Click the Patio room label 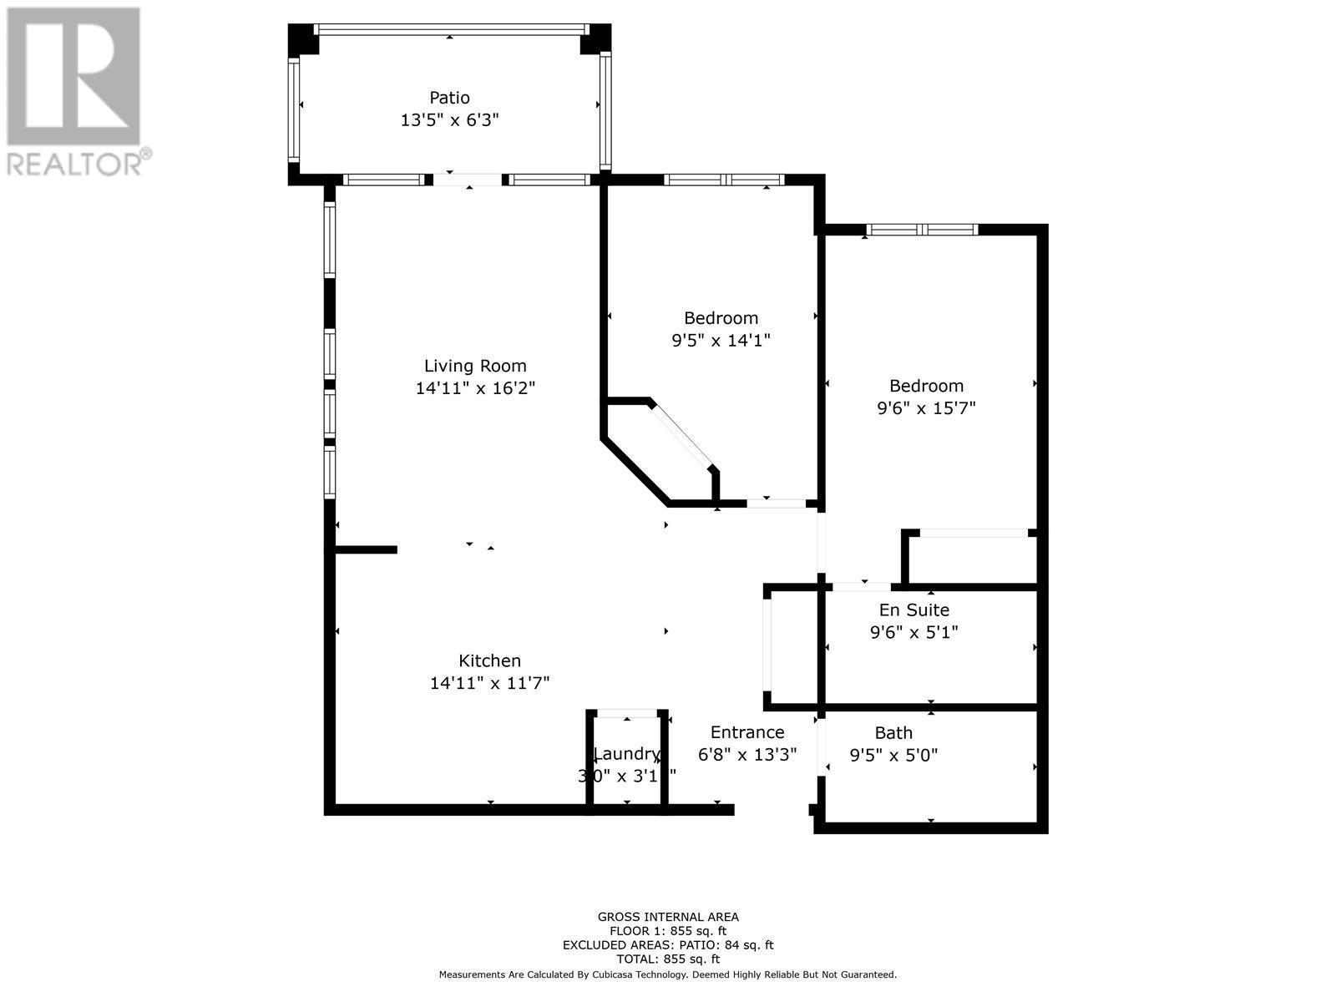(449, 98)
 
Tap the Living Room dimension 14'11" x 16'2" (475, 388)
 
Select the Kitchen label (489, 660)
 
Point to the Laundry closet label (627, 754)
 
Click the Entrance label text (746, 732)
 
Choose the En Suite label (913, 610)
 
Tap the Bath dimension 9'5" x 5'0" (893, 756)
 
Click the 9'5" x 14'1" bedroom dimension (721, 341)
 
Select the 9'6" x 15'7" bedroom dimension (926, 408)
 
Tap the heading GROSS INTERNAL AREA (667, 917)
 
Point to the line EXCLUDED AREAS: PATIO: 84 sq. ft (667, 945)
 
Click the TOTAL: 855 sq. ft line (667, 959)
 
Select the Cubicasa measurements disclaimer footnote (667, 974)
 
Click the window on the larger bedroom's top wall (921, 230)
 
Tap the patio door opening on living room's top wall (468, 180)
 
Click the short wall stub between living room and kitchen (366, 549)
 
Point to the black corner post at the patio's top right (595, 38)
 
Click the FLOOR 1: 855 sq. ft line (667, 931)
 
